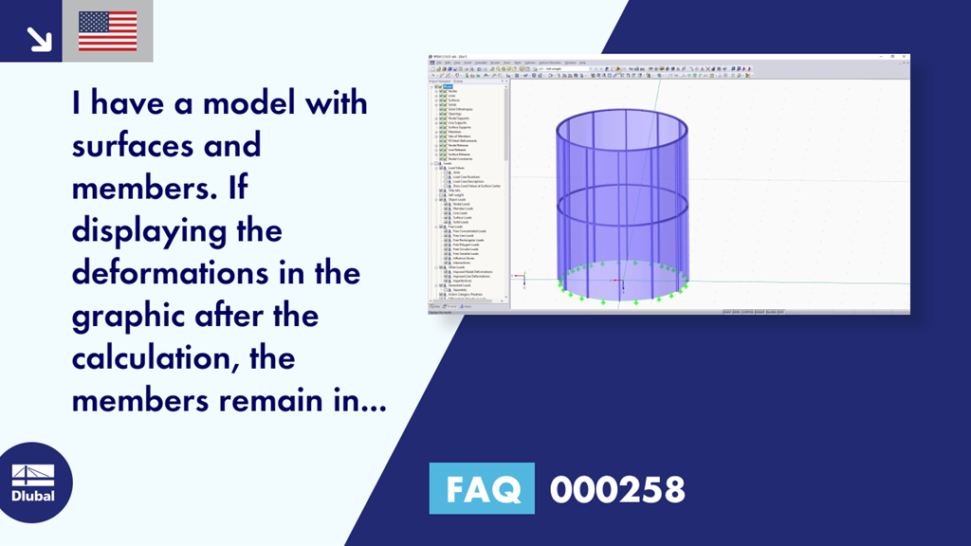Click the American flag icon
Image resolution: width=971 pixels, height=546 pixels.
point(107,31)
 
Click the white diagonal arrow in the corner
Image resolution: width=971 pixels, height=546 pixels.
point(39,38)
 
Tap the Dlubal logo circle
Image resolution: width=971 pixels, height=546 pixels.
point(32,482)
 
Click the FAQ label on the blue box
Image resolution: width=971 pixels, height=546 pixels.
point(481,489)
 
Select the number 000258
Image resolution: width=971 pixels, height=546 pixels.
point(617,489)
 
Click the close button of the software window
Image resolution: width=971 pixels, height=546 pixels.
point(907,57)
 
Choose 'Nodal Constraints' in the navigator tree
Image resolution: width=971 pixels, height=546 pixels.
point(460,158)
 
